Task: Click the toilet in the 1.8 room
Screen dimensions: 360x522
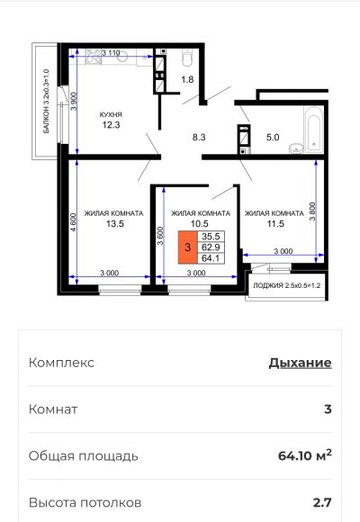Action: click(187, 58)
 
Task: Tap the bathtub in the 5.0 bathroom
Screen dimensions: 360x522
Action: click(313, 130)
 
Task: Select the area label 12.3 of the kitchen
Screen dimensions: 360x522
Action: click(112, 125)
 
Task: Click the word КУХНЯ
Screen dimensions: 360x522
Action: click(111, 114)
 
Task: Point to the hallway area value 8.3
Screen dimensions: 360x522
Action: click(199, 137)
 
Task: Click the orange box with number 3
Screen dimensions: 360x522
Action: click(188, 247)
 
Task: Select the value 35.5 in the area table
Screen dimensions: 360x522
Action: click(211, 237)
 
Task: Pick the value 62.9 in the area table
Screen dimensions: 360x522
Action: click(211, 247)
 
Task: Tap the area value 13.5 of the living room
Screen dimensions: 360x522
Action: click(115, 224)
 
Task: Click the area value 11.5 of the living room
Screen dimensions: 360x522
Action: click(275, 224)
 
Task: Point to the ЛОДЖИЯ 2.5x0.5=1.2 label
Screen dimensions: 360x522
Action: click(287, 285)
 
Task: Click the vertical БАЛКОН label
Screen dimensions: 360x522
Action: click(46, 101)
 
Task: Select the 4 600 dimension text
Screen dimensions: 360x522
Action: click(74, 222)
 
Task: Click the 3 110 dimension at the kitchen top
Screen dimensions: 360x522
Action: click(111, 52)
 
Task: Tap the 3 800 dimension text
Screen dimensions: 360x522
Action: click(312, 211)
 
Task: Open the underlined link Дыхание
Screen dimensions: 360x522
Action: click(300, 363)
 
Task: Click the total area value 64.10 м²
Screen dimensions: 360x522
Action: click(305, 455)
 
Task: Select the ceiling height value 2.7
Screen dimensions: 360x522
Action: click(322, 502)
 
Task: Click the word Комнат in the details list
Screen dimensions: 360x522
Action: click(53, 409)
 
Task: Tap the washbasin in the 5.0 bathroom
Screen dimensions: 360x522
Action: click(295, 148)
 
